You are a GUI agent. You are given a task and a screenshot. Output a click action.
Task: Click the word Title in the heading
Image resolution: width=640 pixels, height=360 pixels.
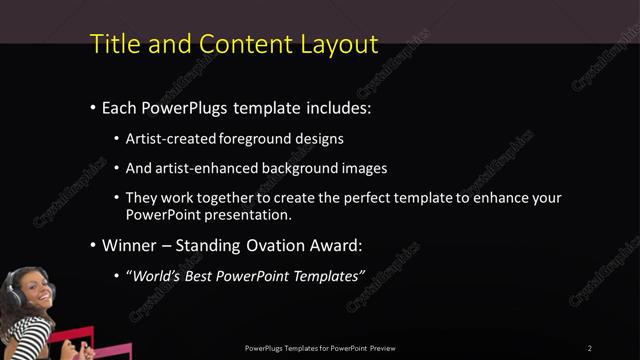point(111,44)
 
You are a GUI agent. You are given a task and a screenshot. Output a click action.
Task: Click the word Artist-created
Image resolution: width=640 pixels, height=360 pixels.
point(167,139)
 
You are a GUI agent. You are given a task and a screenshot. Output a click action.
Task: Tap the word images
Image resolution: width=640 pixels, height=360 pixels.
point(358,168)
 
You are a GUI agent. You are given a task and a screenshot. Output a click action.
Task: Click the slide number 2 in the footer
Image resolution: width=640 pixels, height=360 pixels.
point(589,348)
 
